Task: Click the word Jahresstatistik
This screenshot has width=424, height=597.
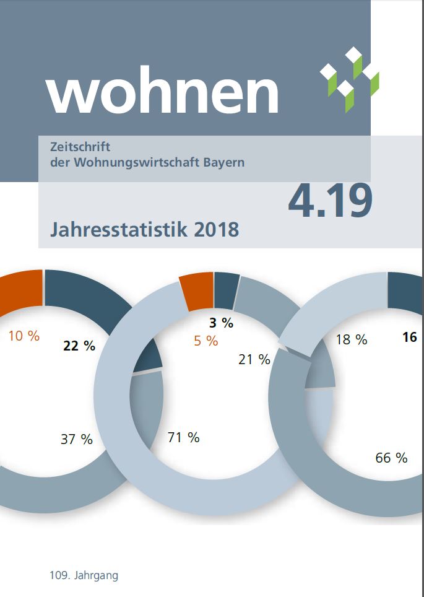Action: (x=118, y=229)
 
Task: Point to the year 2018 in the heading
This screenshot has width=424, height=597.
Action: (x=216, y=229)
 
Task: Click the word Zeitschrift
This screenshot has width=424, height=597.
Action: (x=79, y=147)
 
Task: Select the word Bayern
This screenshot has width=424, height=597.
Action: (x=222, y=163)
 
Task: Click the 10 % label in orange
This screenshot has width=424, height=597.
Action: (x=24, y=336)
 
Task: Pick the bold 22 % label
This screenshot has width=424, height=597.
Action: (x=79, y=346)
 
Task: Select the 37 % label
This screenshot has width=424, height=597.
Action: (x=77, y=439)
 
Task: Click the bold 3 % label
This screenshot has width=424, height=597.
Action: (x=220, y=322)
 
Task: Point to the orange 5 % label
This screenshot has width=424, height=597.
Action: (x=206, y=340)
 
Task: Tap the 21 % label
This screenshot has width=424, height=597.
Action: (x=254, y=359)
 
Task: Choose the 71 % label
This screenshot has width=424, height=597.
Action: (x=184, y=437)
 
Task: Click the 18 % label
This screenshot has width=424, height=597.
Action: (x=352, y=339)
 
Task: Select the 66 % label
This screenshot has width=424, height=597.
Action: (x=391, y=458)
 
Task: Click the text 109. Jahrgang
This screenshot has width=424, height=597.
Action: (x=84, y=575)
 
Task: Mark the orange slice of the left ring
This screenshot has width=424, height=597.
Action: (x=20, y=289)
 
